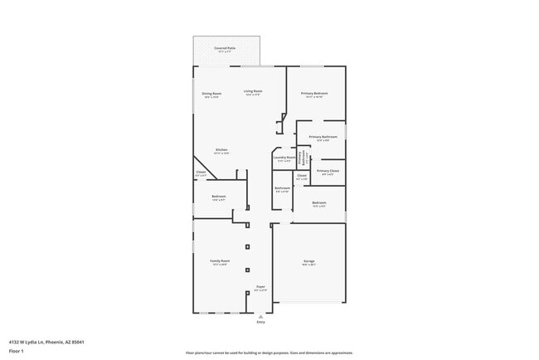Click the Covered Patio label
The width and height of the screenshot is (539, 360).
point(226,49)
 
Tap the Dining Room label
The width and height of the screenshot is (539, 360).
point(211,94)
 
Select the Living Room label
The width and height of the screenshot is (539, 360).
point(253,91)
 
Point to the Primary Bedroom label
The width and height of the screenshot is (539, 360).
point(314,94)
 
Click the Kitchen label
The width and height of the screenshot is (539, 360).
point(221,150)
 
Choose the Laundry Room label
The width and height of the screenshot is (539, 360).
point(284,158)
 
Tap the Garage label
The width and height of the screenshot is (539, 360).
point(308,261)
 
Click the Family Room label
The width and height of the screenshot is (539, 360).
point(220,261)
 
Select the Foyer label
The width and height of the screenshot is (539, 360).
point(260,287)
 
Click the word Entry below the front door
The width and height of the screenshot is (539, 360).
point(260,322)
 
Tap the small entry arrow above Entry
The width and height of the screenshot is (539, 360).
point(260,316)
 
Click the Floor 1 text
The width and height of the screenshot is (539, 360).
point(17,351)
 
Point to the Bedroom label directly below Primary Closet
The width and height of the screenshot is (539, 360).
point(319,202)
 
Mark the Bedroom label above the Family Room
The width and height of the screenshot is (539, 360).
point(219,197)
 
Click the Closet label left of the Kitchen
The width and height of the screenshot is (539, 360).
point(201,173)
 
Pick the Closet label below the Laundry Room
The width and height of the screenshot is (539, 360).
point(302,175)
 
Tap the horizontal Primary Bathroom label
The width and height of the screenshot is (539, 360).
point(322,137)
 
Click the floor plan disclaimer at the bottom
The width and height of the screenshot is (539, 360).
point(269,352)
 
